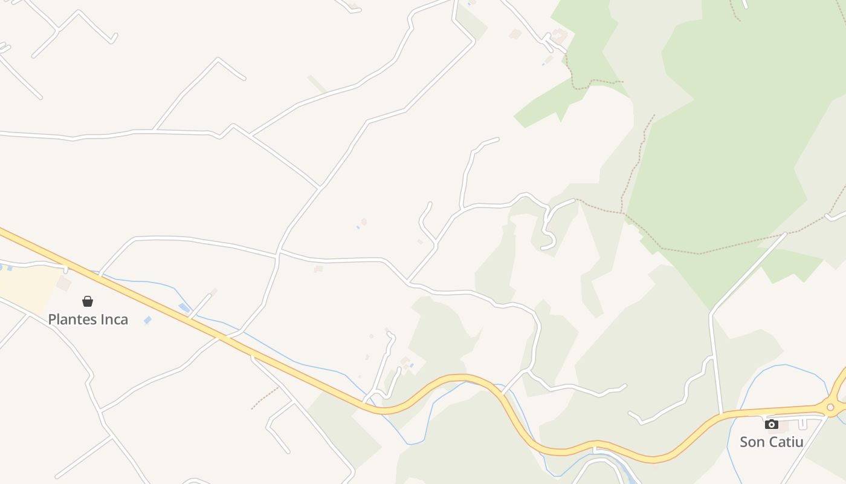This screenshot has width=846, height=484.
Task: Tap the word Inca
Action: click(x=115, y=319)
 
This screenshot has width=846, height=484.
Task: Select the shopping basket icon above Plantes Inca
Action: click(x=88, y=301)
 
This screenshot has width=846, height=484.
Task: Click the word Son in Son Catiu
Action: click(x=752, y=442)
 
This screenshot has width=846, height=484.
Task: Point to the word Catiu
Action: click(x=786, y=442)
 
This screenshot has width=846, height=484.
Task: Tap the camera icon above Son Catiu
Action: click(x=772, y=424)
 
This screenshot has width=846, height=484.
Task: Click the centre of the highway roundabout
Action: click(x=831, y=408)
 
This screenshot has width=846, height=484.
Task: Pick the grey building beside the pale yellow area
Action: click(x=63, y=284)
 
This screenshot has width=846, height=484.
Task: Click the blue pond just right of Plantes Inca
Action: click(x=147, y=320)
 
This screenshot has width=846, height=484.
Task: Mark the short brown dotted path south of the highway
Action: click(x=265, y=398)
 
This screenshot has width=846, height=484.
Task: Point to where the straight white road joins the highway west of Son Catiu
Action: click(x=721, y=415)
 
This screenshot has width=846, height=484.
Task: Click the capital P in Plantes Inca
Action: click(x=53, y=319)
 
